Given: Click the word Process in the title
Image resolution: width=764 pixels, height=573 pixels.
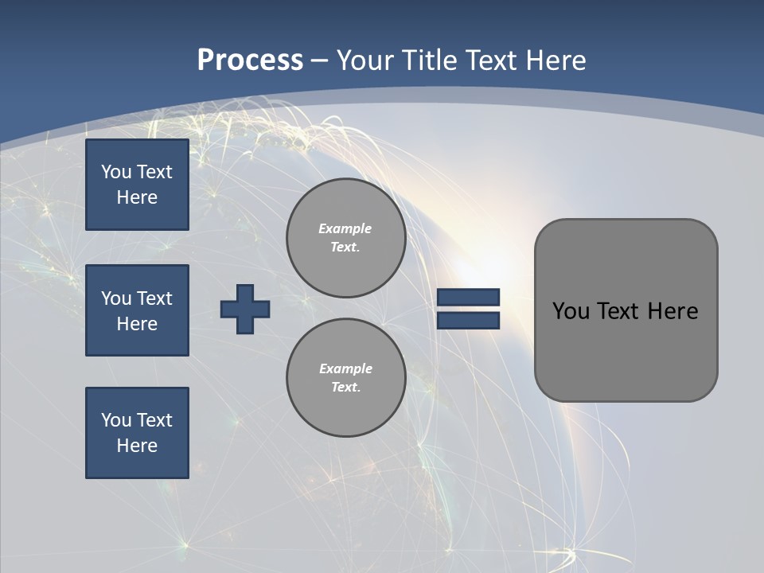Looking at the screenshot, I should click(x=250, y=60).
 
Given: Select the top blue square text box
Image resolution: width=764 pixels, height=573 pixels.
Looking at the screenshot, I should click(x=137, y=185).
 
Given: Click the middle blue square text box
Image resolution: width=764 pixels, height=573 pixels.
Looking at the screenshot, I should click(x=137, y=310).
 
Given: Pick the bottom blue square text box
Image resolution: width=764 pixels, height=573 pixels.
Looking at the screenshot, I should click(x=137, y=433).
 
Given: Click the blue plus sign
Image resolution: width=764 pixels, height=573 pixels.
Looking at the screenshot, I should click(x=245, y=309).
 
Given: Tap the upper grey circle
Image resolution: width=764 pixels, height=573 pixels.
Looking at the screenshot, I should click(x=345, y=238).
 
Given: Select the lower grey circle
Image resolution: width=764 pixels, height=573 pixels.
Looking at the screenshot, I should click(x=345, y=378).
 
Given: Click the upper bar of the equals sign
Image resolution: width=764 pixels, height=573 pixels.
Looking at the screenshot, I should click(x=468, y=297).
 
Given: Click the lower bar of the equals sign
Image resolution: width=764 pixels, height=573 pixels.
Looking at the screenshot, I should click(x=468, y=321).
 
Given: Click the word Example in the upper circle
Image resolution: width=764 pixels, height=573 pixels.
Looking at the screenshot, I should click(x=345, y=228).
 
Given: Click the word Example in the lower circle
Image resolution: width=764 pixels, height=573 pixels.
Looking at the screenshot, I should click(x=345, y=368).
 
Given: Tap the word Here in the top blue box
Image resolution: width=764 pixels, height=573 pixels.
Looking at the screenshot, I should click(x=137, y=197).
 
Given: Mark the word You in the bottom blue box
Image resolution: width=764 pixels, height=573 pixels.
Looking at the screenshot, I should click(x=115, y=420).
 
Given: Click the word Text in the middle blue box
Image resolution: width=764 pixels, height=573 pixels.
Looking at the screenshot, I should click(x=154, y=298).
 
